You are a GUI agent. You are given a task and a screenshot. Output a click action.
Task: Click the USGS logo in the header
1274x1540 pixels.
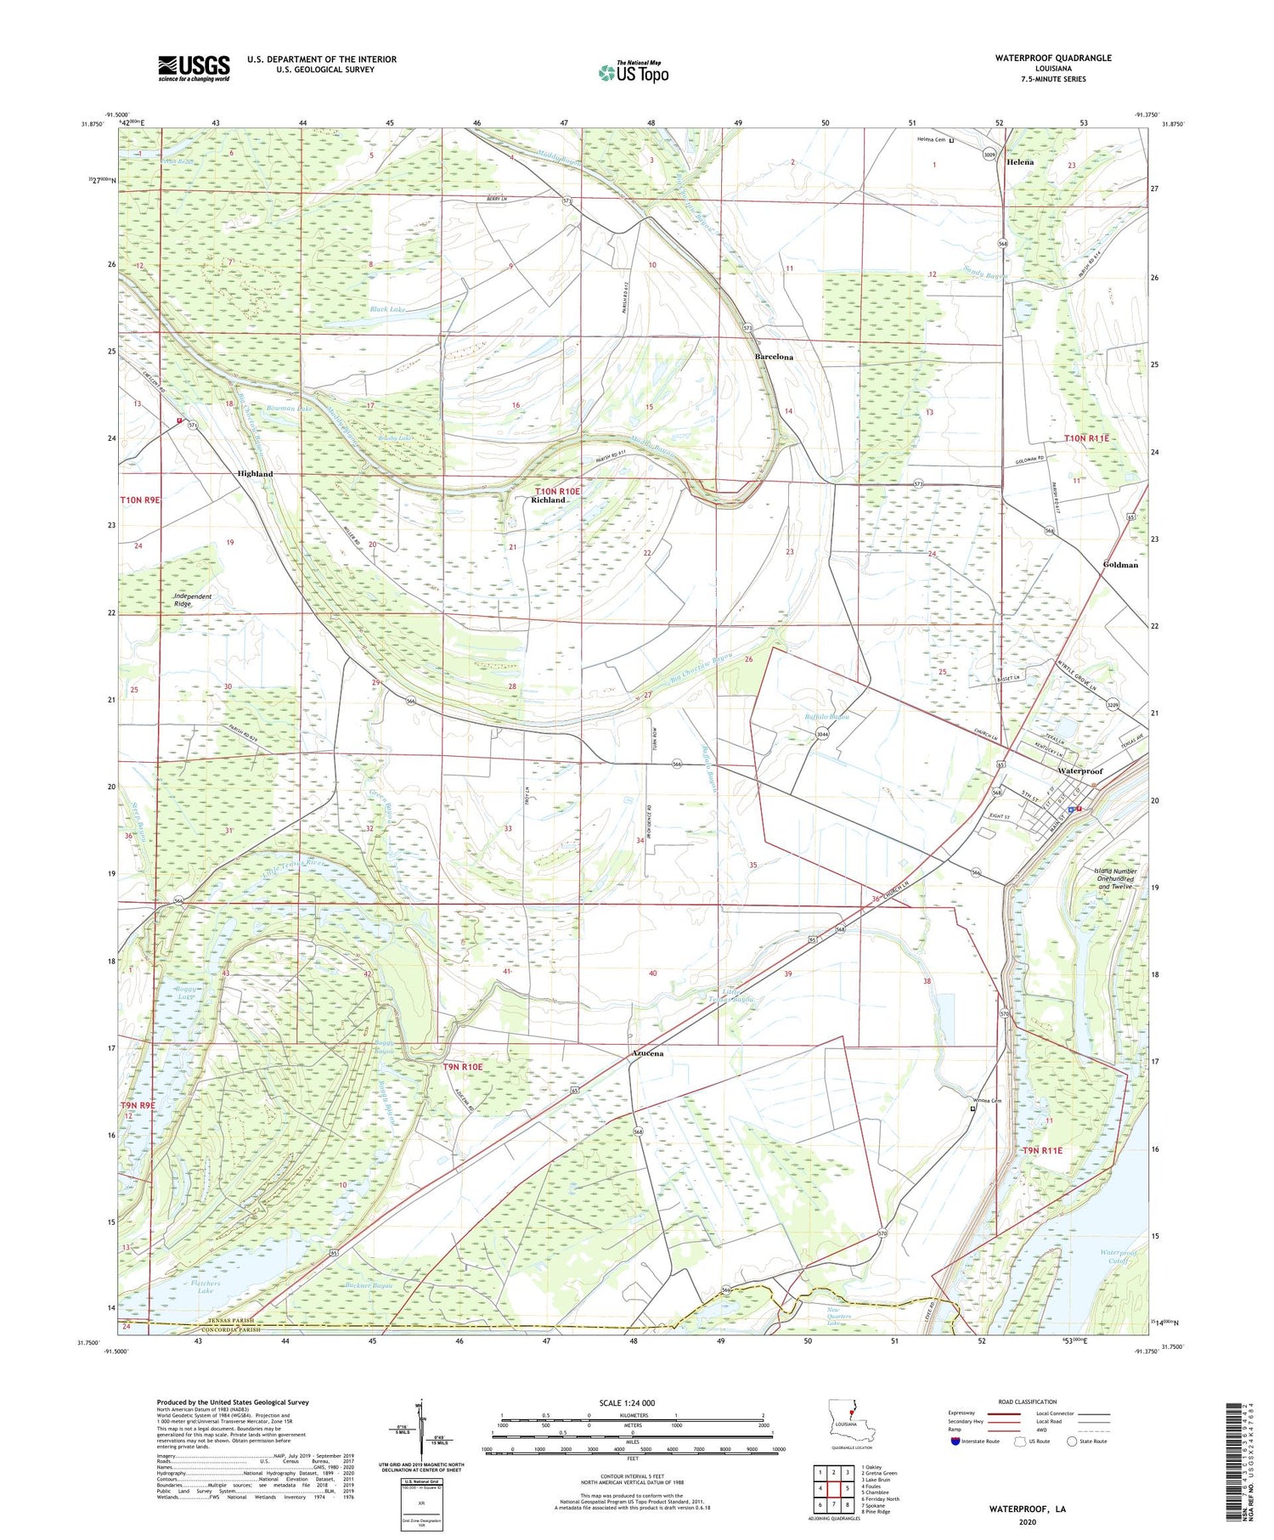(194, 68)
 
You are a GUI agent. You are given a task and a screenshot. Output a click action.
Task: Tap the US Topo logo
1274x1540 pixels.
(634, 72)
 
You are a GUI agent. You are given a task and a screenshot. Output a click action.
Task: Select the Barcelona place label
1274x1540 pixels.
(774, 358)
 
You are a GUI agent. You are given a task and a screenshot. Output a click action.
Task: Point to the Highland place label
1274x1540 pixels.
(255, 474)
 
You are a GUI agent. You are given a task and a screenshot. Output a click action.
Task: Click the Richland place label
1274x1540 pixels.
(548, 500)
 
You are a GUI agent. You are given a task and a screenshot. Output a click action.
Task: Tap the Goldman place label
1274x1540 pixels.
(1119, 565)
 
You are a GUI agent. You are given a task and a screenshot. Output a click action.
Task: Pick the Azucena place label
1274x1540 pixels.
(647, 1053)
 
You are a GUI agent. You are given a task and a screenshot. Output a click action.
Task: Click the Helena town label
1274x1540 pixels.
(1020, 162)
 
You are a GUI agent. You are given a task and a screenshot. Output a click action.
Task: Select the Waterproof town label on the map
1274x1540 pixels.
(1080, 771)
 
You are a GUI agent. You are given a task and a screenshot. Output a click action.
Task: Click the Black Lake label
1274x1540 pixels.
(387, 310)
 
